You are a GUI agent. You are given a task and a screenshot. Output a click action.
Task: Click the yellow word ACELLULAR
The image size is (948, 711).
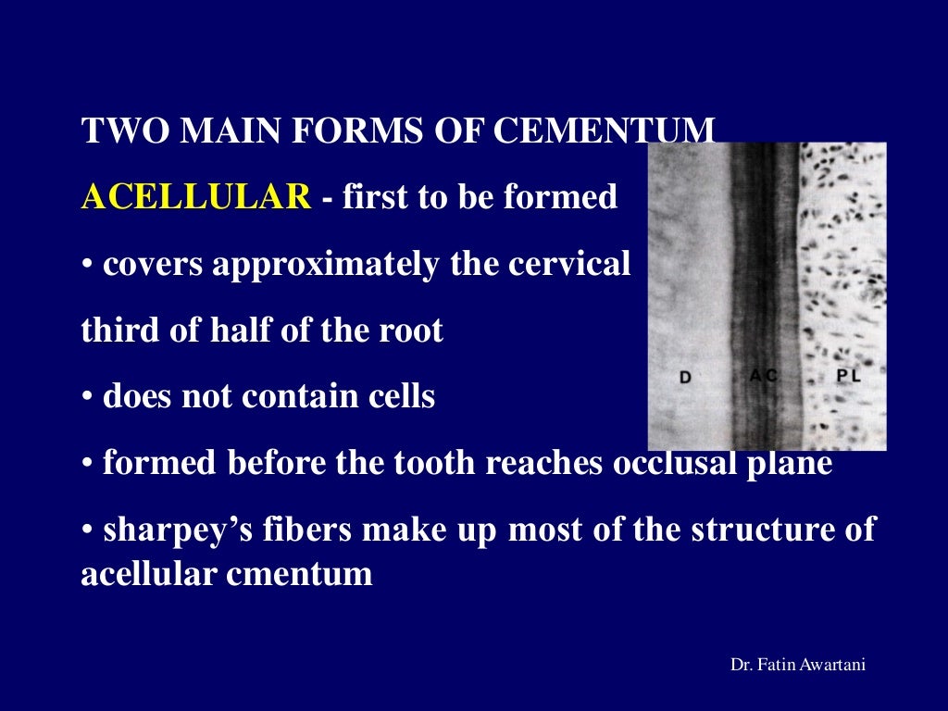coord(196,197)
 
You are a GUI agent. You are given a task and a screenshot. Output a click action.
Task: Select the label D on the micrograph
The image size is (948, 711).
coord(685,378)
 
